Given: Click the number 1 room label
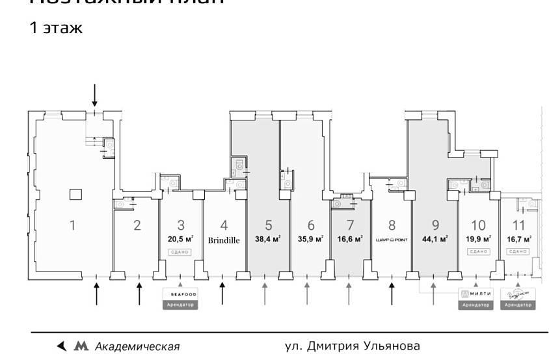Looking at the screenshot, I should coord(72,226).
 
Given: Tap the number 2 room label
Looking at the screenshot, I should coord(137,226).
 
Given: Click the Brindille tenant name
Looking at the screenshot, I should coord(224,240).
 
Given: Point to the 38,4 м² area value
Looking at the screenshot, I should coord(267,239).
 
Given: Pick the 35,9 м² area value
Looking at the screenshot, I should coord(310,239).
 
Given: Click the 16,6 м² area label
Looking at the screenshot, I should coord(349,239).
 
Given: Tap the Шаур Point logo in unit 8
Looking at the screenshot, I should coord(392,240).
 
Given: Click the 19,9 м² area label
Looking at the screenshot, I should coord(478,239).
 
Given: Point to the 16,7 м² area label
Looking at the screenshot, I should coord(518,239).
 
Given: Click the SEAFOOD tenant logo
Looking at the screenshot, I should coord(179,295).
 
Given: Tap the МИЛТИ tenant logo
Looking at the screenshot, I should coord(475,294).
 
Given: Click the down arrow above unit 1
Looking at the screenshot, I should coord(95,95).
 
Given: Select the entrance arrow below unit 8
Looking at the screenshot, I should coord(392,292).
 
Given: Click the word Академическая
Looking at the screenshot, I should coord(137,346).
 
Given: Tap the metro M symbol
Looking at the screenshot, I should coord(81,346).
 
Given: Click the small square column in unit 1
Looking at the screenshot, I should coord(75,193).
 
